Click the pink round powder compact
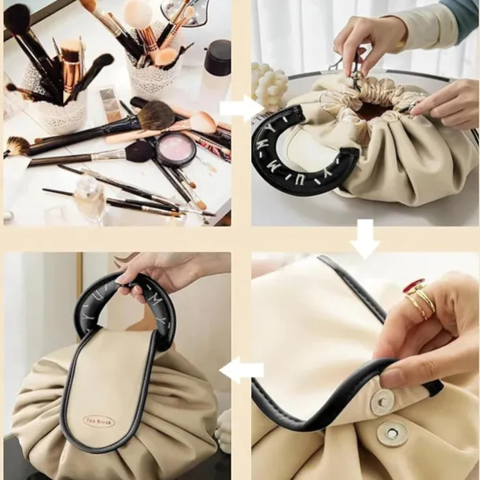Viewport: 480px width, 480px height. pyautogui.click(x=175, y=147)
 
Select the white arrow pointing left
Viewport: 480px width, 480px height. pyautogui.click(x=242, y=367)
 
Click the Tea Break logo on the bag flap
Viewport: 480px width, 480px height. pyautogui.click(x=99, y=422)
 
